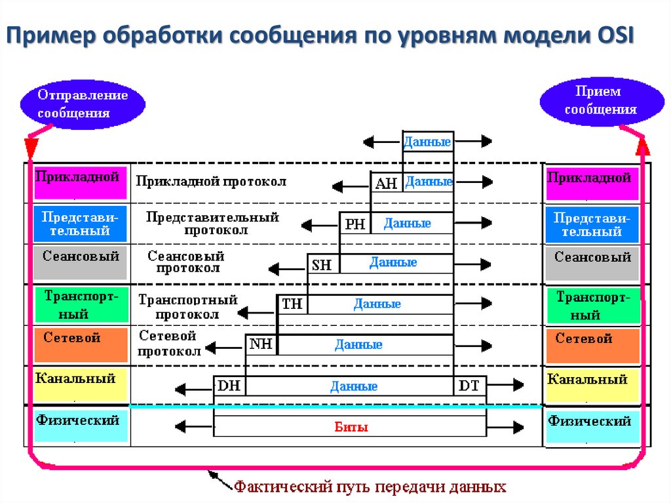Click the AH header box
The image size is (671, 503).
tap(387, 184)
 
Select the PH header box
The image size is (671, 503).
tap(355, 224)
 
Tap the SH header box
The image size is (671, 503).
tap(322, 264)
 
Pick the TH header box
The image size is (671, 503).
tap(292, 304)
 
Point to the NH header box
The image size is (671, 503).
tap(261, 344)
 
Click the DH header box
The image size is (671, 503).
tap(229, 386)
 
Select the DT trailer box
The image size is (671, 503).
tap(469, 386)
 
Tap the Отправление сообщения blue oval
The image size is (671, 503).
tap(82, 104)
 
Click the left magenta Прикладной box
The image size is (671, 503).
tap(79, 182)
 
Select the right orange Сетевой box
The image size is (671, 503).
tap(592, 346)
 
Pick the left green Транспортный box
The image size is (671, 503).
tap(79, 304)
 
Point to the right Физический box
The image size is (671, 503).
tap(592, 427)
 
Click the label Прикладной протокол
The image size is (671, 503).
tap(211, 180)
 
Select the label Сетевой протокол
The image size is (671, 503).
tap(169, 344)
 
